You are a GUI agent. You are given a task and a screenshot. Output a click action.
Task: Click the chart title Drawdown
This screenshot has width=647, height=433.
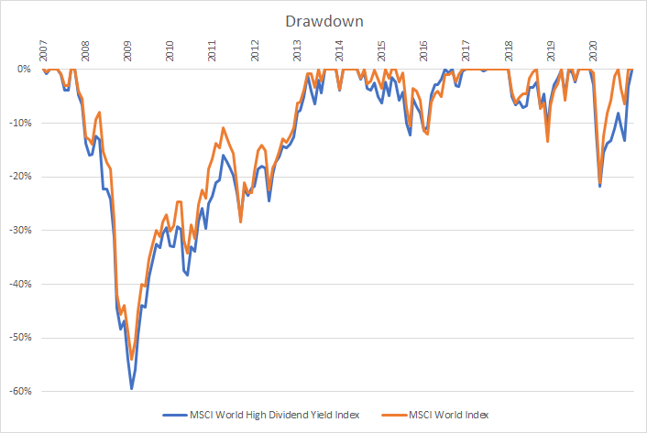click(x=323, y=18)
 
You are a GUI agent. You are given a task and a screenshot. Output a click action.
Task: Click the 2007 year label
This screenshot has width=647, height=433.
click(x=43, y=49)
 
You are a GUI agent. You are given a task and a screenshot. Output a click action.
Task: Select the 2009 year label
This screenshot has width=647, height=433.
click(x=127, y=49)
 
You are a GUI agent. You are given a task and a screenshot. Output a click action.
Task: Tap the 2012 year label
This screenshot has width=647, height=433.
click(x=254, y=49)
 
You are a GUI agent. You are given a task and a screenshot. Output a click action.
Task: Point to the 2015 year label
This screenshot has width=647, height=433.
click(x=380, y=49)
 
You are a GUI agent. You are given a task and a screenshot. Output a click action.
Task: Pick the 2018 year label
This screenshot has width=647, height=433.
click(x=508, y=49)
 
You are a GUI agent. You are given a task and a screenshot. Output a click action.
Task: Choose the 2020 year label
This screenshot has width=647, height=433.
click(x=592, y=49)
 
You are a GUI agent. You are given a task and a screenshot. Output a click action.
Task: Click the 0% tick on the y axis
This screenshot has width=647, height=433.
click(x=25, y=69)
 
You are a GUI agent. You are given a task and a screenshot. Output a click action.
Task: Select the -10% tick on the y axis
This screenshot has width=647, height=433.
click(x=21, y=123)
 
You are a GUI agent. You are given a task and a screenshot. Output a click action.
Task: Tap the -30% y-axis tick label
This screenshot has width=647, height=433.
click(x=21, y=230)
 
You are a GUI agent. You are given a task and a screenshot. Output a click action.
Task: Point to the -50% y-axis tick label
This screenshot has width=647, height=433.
click(x=21, y=338)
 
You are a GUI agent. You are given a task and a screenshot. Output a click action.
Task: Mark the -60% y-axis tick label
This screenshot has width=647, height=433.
click(x=21, y=392)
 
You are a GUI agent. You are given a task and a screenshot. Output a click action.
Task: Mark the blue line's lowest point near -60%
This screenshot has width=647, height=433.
click(x=131, y=389)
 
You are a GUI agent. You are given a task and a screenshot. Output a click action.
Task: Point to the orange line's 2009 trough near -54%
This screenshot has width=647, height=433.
click(x=131, y=359)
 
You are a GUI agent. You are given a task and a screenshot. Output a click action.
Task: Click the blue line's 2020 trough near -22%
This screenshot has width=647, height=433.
click(x=600, y=187)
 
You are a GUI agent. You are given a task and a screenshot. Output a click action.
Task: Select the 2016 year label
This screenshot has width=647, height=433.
click(x=422, y=49)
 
